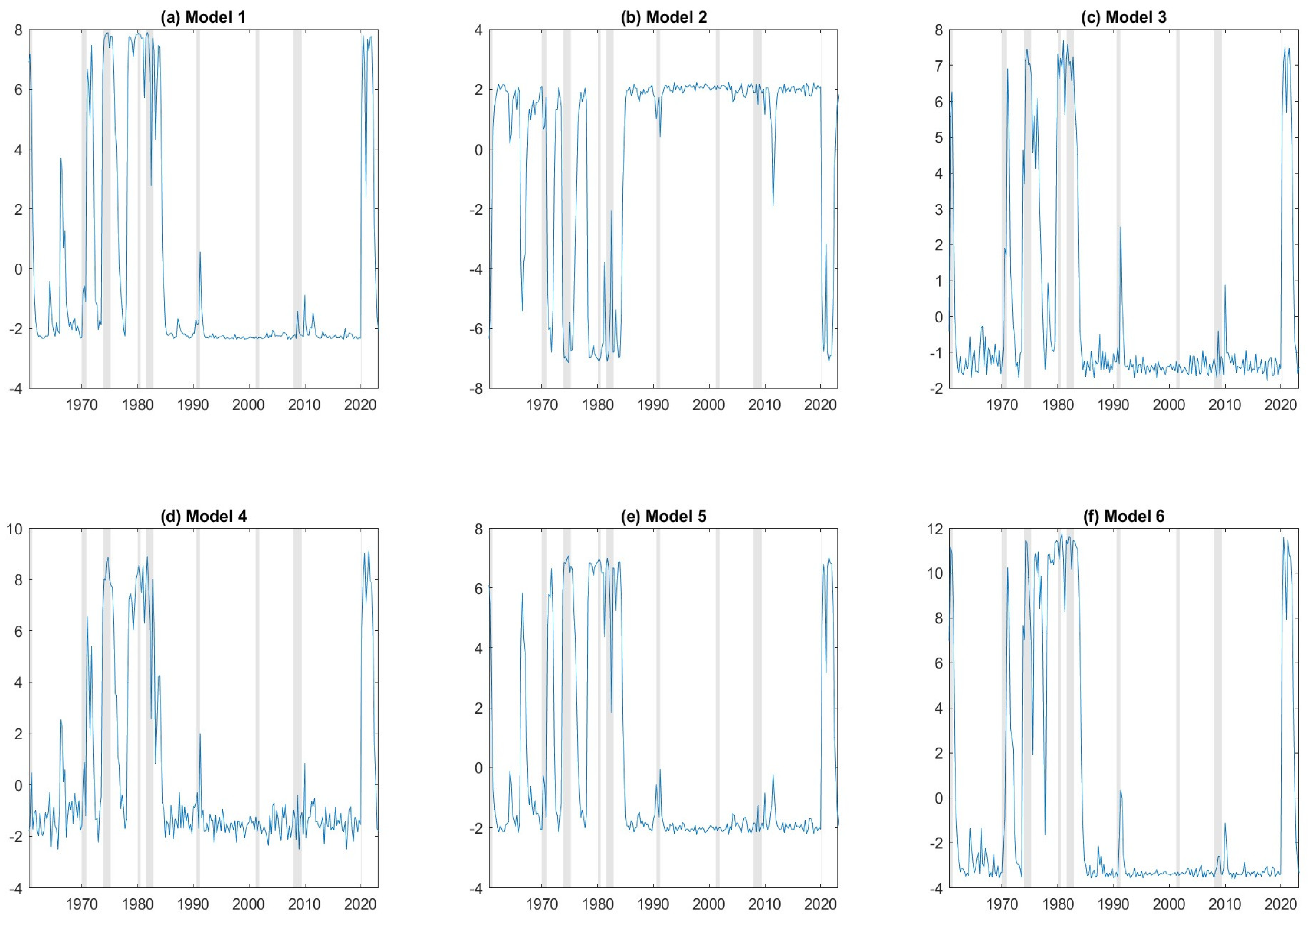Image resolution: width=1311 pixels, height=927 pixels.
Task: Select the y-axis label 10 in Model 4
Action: [14, 529]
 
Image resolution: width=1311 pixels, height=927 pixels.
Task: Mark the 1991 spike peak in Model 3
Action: [1120, 227]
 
